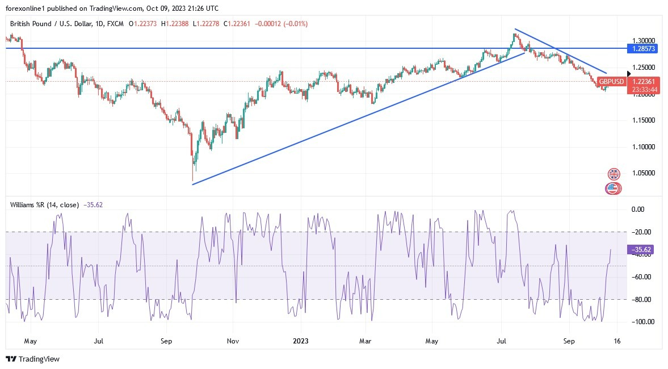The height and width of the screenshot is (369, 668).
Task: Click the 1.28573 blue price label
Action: [x=644, y=49]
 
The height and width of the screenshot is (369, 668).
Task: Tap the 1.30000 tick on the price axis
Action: [x=644, y=41]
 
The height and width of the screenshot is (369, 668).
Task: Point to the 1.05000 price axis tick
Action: [x=644, y=173]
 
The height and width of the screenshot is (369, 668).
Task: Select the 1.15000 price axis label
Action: [x=644, y=120]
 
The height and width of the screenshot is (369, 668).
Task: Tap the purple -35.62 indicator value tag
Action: [x=644, y=249]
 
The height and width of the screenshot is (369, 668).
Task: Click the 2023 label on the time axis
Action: [x=301, y=341]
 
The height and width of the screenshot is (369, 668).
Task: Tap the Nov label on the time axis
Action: [x=233, y=341]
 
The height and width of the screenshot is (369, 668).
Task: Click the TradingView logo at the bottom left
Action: [x=32, y=359]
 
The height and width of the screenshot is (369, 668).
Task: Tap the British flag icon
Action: [x=614, y=174]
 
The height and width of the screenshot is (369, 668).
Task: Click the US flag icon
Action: [x=612, y=188]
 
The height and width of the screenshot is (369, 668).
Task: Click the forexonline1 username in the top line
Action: [x=27, y=9]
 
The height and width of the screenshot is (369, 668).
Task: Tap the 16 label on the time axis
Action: [x=617, y=341]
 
